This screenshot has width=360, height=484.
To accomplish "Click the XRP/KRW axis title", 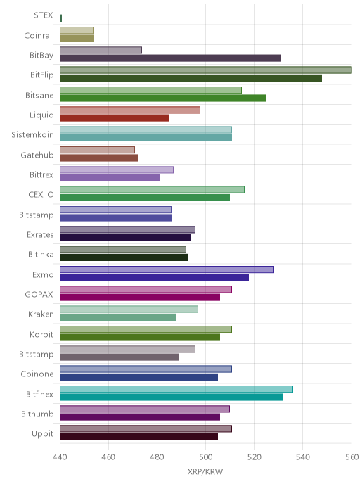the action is coord(205,471).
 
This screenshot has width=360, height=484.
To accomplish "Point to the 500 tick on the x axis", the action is coord(205,457).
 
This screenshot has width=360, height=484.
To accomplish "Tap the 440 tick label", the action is coord(60,457).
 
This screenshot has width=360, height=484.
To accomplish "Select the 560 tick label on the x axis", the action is coord(352,457).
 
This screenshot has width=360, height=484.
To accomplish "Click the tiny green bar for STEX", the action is coord(60,18).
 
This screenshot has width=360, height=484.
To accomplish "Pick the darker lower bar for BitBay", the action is coord(170,58).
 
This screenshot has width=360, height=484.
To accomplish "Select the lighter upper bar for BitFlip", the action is coord(205,70).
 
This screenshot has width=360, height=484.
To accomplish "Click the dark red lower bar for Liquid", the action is coord(114,118).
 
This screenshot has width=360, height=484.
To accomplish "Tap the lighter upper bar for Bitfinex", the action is coord(176,389).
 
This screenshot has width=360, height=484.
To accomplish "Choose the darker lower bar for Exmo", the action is coord(154,277).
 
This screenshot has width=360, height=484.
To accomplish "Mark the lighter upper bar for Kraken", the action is coord(129,309).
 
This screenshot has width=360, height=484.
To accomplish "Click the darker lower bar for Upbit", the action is coord(139,437).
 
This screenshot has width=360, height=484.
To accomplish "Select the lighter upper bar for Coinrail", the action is coord(77,30).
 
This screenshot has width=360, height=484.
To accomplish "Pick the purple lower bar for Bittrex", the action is coord(110,178).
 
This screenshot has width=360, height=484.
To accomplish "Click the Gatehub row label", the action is coord(37,155).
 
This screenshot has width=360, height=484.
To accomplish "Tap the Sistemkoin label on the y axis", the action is coord(33,135).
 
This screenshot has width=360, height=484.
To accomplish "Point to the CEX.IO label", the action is coord(41,195).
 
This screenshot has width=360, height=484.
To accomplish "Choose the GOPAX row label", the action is coord(39,295).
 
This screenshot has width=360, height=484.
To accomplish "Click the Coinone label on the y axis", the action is coord(37,374).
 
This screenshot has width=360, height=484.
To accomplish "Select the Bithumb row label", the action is coord(37,414).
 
